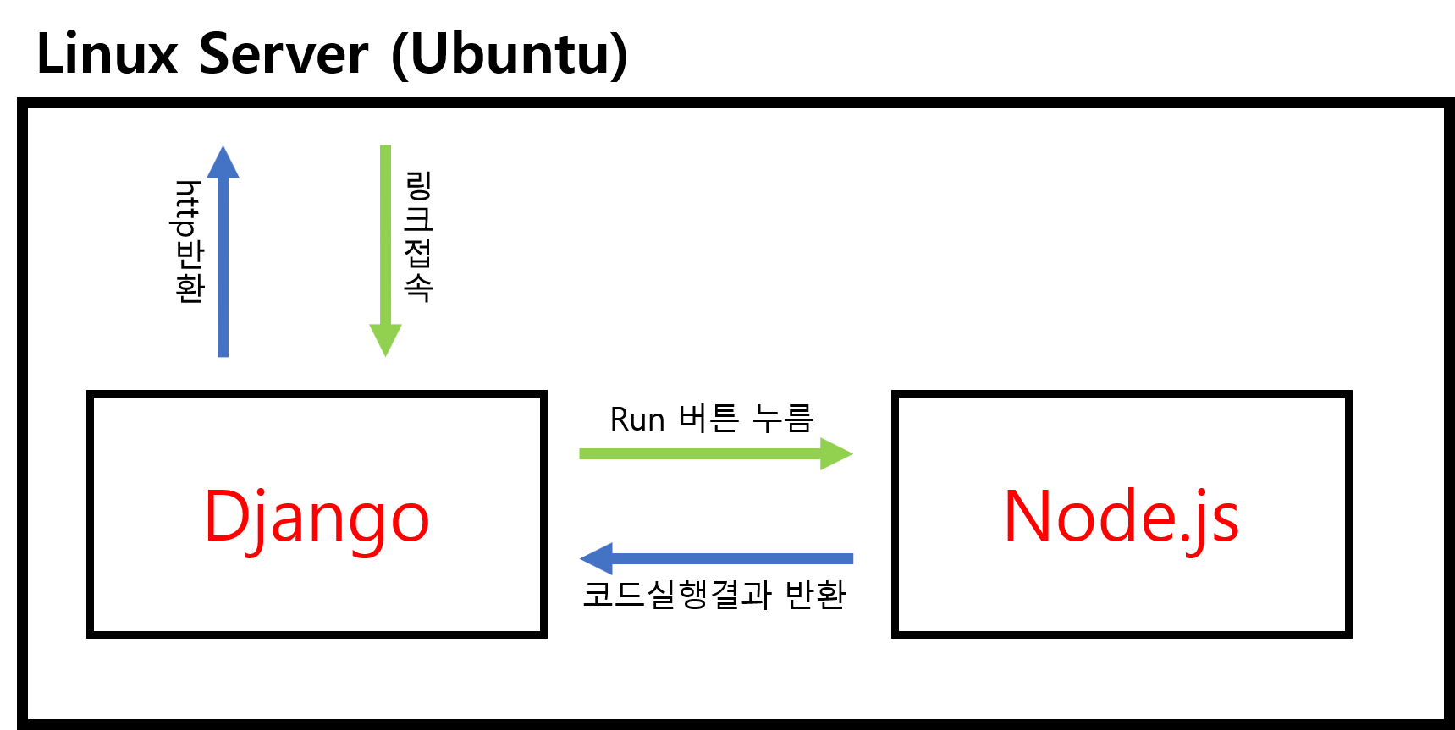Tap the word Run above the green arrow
[x=637, y=420]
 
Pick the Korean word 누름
[x=784, y=418]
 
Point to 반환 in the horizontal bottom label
[x=815, y=594]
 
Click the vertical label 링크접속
[x=418, y=236]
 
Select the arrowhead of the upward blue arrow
[x=223, y=162]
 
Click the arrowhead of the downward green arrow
[x=385, y=340]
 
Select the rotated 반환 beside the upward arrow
[x=189, y=272]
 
